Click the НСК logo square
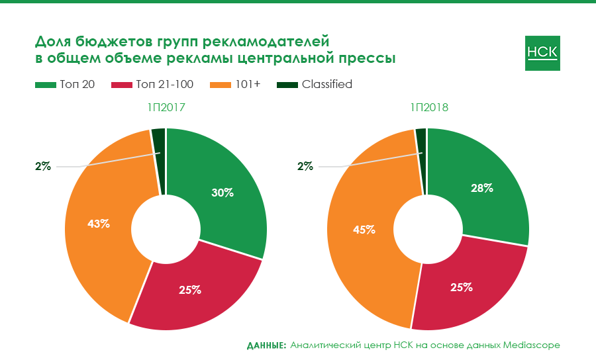[542, 53]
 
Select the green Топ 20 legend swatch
[46, 85]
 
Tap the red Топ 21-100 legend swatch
[123, 85]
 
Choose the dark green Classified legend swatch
[287, 85]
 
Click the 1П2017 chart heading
[166, 107]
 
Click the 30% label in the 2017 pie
[223, 193]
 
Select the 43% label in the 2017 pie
[99, 224]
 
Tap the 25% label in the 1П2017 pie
[190, 290]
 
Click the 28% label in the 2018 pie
[481, 188]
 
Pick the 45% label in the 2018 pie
[365, 230]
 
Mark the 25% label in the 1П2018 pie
[461, 287]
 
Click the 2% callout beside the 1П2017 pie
[43, 167]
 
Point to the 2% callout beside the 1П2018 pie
[305, 167]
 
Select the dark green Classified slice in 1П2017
[158, 159]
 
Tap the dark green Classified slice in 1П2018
[421, 159]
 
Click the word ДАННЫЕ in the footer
[266, 345]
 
